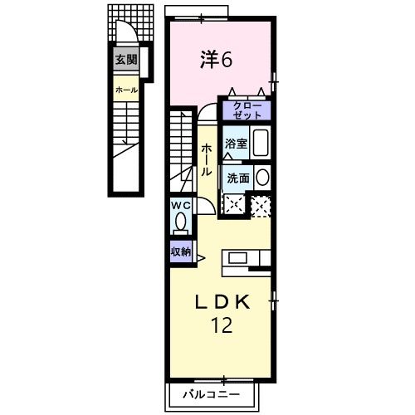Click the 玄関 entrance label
click(126, 60)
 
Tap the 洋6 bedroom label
click(217, 60)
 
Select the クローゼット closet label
click(247, 110)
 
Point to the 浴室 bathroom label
click(236, 144)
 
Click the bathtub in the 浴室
click(261, 143)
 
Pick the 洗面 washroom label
click(238, 178)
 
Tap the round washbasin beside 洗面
click(262, 178)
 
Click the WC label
click(181, 205)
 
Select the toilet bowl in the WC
click(181, 222)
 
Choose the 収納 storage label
click(181, 251)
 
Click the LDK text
click(222, 302)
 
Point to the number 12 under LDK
click(222, 325)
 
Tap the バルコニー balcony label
click(212, 394)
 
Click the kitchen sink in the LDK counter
click(238, 258)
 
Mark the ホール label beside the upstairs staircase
click(207, 160)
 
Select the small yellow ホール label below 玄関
click(126, 90)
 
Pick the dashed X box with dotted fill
click(261, 207)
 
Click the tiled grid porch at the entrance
click(130, 22)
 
